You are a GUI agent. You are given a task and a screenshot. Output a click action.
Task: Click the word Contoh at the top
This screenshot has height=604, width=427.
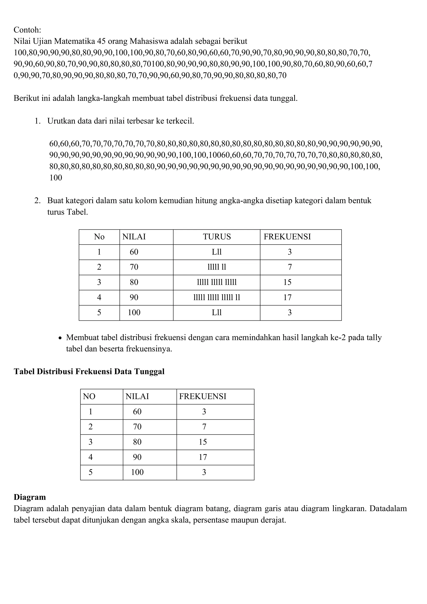[27, 30]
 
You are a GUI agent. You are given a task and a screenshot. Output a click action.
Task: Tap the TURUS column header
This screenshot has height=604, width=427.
[217, 237]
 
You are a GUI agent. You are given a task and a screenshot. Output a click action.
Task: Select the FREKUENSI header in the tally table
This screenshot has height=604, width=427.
[287, 237]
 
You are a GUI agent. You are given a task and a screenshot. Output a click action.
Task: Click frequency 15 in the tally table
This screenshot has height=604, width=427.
[287, 282]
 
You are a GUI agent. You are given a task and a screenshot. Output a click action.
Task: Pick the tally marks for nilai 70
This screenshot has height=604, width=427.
[217, 267]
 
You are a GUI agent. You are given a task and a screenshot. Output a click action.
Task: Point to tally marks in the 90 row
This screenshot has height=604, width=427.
[217, 298]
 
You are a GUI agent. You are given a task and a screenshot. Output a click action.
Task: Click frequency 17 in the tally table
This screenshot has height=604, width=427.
[287, 298]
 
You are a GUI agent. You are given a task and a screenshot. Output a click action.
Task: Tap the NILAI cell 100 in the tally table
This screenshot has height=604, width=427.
[134, 313]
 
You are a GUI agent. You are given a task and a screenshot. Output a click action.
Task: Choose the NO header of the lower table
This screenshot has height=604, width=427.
[89, 396]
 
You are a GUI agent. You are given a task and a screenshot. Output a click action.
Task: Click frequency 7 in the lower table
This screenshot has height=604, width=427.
[204, 427]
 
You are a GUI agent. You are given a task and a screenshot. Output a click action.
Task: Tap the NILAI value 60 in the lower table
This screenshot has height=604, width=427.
[137, 412]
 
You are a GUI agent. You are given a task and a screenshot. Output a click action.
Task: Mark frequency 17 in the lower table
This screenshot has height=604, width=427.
[203, 457]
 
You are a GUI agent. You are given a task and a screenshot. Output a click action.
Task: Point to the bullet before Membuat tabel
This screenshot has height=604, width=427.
[60, 338]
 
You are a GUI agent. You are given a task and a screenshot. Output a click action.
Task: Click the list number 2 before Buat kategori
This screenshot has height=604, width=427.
[37, 201]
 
